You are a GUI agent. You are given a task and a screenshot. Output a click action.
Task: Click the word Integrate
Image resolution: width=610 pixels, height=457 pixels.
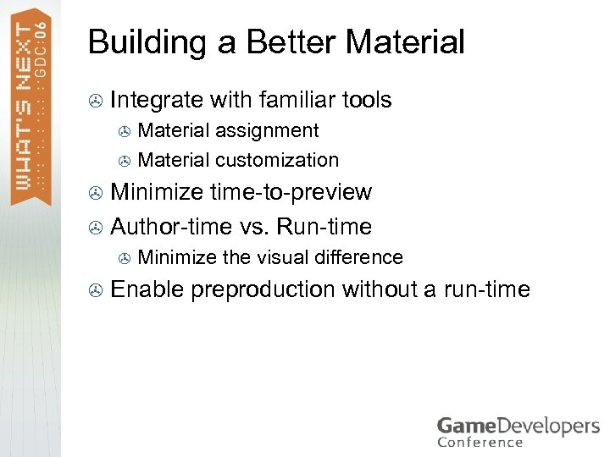point(157,101)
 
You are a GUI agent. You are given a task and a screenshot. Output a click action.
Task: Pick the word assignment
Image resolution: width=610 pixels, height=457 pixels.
point(267,131)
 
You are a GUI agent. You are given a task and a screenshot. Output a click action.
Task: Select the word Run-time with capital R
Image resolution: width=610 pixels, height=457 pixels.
point(325,227)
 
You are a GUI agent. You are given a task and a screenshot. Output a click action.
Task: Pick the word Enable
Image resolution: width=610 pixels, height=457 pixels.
point(147,289)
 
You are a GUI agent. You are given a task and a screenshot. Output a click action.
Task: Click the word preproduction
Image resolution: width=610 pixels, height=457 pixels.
point(263,290)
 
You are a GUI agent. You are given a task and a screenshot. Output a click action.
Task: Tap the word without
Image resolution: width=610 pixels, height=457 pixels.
point(380,289)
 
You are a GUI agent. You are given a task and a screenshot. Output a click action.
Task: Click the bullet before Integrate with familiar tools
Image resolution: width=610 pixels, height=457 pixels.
point(97,102)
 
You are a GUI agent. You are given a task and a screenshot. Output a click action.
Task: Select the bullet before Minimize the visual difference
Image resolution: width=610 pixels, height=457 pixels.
point(125,257)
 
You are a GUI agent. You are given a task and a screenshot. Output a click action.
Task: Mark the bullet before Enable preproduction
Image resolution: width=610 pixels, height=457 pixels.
point(97,290)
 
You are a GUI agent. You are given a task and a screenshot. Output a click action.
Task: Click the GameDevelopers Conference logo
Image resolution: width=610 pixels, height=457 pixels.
point(518,431)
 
